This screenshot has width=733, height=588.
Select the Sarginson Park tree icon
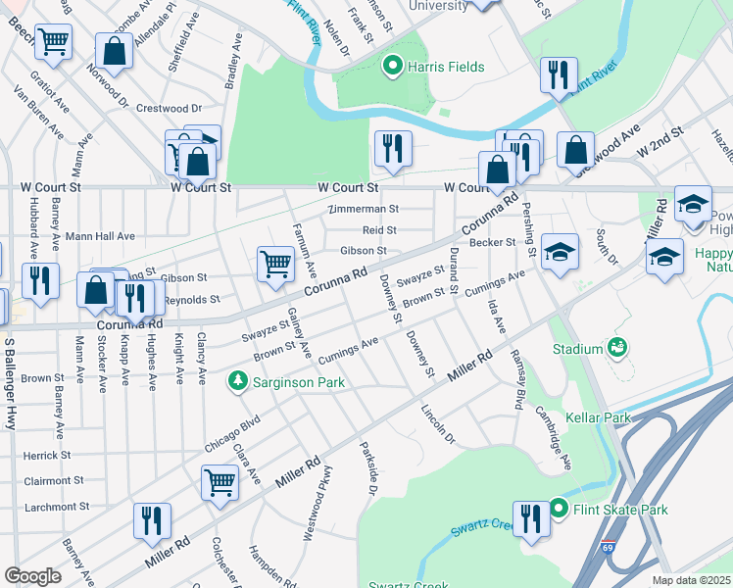(235, 380)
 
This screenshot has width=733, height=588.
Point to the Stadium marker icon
(617, 348)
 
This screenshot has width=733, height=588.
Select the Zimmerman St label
(364, 209)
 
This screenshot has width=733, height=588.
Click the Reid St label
(378, 230)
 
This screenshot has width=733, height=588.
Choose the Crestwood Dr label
(169, 108)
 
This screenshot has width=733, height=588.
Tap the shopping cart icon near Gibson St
(275, 263)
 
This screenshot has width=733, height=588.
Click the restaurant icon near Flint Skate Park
(530, 518)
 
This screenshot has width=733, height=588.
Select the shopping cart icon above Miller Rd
(220, 482)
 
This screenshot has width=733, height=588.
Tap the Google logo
(32, 576)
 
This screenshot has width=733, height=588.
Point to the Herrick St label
(47, 456)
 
